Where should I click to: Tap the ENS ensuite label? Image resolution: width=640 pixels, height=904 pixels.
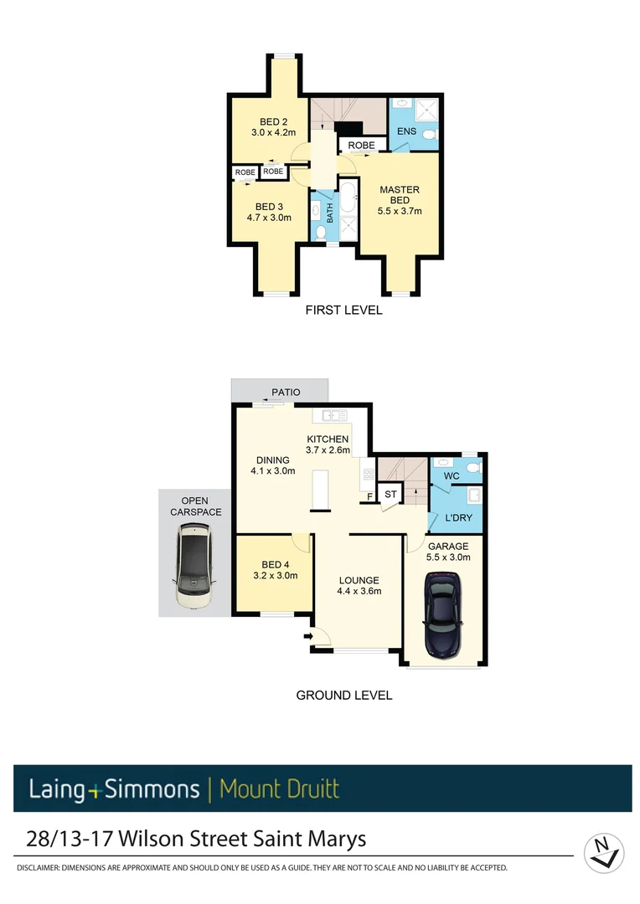tap(406, 131)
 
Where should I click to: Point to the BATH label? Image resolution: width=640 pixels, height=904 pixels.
tap(330, 213)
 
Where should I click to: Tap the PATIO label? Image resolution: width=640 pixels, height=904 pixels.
tap(286, 392)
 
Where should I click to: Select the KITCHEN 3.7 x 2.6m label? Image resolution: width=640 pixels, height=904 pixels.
tap(327, 444)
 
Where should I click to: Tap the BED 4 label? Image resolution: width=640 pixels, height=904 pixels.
tap(275, 570)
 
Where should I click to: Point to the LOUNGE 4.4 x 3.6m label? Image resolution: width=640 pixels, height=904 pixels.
tap(359, 586)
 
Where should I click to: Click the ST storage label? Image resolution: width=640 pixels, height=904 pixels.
tap(390, 495)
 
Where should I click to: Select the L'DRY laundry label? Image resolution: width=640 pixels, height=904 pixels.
tap(458, 518)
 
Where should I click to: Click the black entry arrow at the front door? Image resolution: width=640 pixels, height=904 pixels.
tap(307, 637)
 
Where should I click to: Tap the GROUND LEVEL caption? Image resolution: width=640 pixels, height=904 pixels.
tap(344, 696)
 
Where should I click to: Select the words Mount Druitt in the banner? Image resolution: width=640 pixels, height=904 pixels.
tap(279, 789)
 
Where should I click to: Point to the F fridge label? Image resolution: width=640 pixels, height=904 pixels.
tap(369, 497)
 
